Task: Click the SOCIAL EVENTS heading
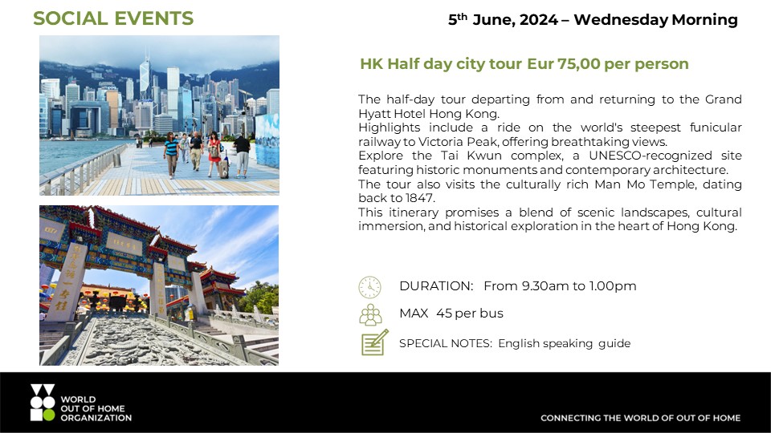coord(113,18)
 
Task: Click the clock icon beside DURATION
coord(369,287)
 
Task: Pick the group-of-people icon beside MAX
coord(370,314)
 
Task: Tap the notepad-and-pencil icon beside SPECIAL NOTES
coord(375,342)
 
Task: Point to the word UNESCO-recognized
coord(650,156)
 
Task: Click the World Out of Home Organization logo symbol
coord(43,403)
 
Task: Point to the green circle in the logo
coord(49,415)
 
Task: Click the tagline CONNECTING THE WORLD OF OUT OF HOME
coord(640,418)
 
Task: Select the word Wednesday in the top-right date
coord(620,19)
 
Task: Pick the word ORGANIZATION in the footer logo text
coord(96,418)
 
